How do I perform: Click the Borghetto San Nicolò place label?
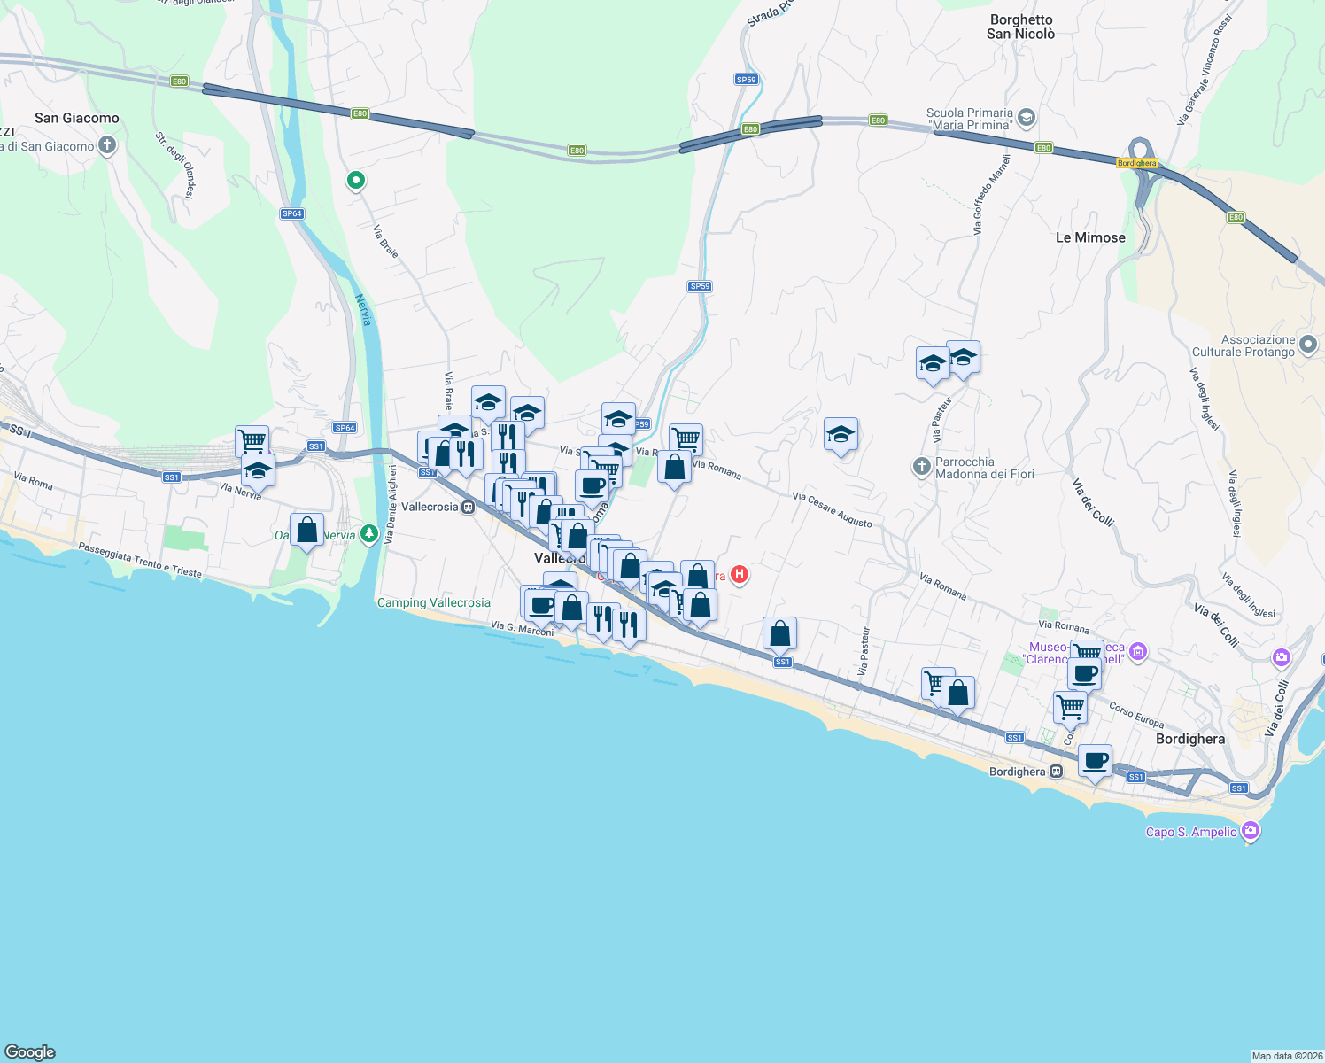click(x=1020, y=27)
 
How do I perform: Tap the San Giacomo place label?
click(x=77, y=118)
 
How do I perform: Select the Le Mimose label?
click(x=1090, y=237)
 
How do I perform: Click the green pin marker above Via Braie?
click(x=355, y=181)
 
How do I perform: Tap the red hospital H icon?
click(x=740, y=575)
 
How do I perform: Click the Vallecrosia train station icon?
click(x=468, y=508)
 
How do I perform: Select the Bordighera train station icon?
click(x=1056, y=772)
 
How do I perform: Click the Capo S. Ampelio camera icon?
click(x=1251, y=831)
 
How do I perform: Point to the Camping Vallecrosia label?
click(x=434, y=602)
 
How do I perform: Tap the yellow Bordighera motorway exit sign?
click(x=1136, y=163)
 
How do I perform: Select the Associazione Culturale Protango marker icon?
click(x=1308, y=344)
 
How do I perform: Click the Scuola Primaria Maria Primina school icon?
click(x=1027, y=117)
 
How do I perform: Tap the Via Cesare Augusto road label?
click(x=832, y=509)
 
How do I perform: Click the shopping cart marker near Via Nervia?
click(x=252, y=439)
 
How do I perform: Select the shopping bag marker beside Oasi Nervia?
click(x=306, y=530)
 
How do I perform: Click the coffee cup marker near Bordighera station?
click(x=1096, y=759)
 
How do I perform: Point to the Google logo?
click(x=30, y=1051)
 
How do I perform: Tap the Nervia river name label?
click(x=364, y=310)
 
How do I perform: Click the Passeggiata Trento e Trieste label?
click(x=140, y=560)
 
